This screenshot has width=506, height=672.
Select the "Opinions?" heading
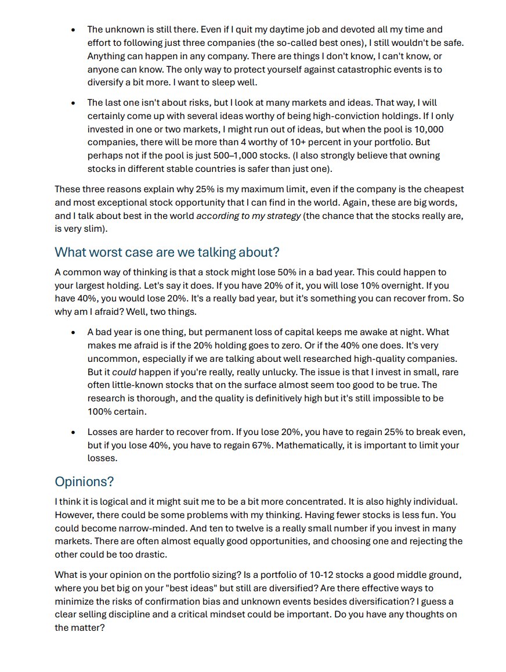click(x=84, y=481)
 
